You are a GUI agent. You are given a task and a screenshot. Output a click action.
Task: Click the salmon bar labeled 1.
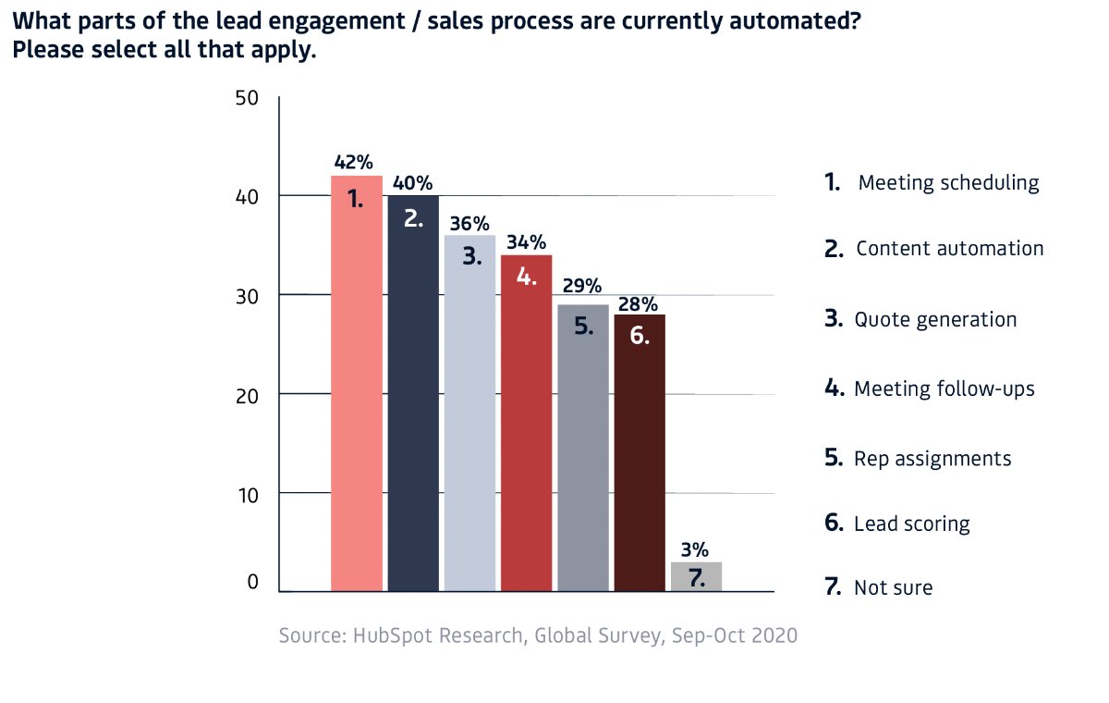pos(357,383)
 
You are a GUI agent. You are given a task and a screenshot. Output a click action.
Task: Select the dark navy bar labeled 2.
pos(413,392)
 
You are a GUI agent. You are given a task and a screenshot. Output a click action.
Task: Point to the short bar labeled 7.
pos(696,576)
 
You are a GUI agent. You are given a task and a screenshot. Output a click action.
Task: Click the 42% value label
pos(353,162)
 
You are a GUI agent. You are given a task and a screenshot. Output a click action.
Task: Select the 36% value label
pos(469,223)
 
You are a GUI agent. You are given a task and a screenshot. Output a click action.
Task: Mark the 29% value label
pos(582,285)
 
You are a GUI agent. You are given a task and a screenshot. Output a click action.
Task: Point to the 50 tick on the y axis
pos(247,98)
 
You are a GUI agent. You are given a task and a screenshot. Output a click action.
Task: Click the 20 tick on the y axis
pos(247,395)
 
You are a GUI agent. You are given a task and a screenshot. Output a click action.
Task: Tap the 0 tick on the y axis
pos(252,584)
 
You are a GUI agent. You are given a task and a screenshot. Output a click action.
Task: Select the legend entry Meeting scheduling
pos(947,182)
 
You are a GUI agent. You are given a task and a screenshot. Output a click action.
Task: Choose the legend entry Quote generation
pos(934,319)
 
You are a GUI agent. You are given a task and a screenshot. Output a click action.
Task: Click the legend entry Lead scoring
pos(911,524)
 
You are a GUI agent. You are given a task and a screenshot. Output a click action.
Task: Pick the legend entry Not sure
pos(893,586)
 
